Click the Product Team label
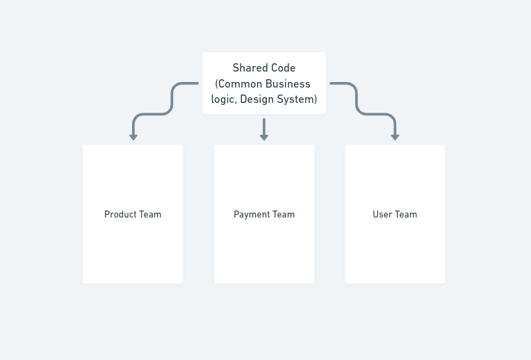click(133, 214)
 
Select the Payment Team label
click(264, 215)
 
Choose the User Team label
click(395, 214)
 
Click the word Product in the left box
click(119, 214)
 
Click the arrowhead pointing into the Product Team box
click(133, 137)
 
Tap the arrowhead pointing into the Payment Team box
click(264, 137)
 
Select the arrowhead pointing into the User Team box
click(395, 137)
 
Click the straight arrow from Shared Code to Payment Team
click(264, 129)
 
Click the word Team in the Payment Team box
click(284, 214)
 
